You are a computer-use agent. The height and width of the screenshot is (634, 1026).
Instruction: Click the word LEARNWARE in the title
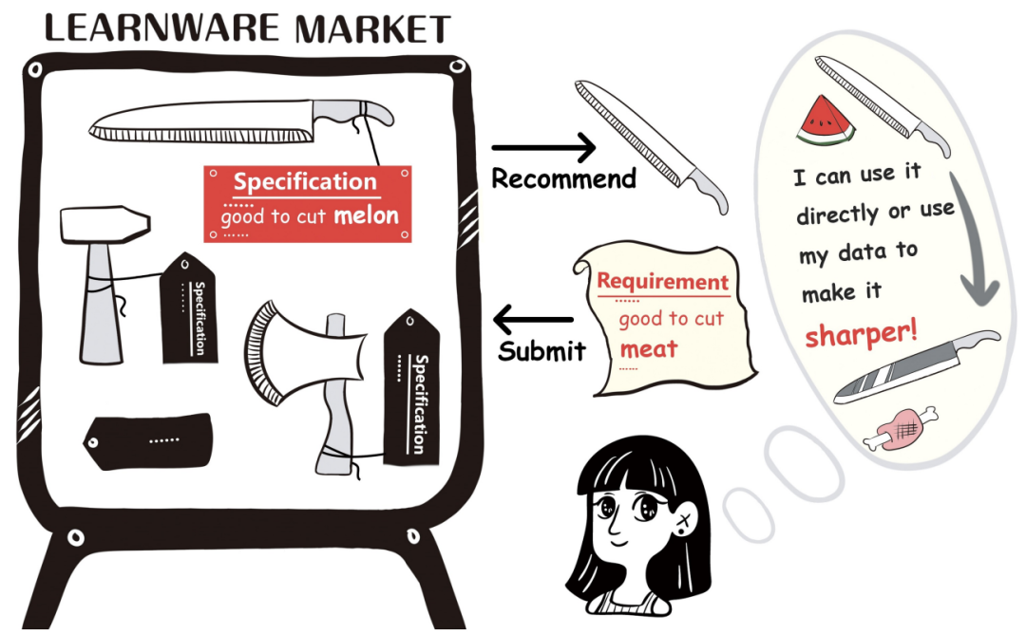163,28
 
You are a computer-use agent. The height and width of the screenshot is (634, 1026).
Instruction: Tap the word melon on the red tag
366,215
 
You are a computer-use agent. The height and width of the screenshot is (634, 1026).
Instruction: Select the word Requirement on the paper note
662,282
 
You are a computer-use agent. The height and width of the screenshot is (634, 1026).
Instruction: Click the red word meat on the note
649,349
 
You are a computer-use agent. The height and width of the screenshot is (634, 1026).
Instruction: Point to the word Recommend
563,178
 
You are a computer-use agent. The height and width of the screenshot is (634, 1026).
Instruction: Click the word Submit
541,350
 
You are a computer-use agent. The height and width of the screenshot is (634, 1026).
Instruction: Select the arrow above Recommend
543,147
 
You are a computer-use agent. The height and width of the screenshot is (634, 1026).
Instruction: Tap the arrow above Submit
536,317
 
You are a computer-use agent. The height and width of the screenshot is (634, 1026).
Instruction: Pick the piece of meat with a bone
899,429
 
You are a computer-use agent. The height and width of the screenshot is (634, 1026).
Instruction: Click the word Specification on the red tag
305,182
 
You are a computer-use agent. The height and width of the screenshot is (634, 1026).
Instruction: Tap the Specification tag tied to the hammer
189,309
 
